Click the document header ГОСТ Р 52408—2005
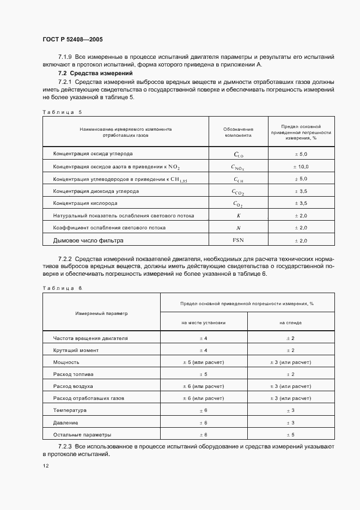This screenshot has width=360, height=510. click(x=72, y=40)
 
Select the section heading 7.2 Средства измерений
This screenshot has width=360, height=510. click(x=96, y=73)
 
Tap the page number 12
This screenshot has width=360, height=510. click(x=45, y=466)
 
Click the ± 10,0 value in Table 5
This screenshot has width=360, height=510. click(x=301, y=167)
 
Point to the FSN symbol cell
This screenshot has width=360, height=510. click(x=238, y=240)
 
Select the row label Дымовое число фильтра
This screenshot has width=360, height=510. click(x=88, y=240)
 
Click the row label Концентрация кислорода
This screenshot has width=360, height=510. click(x=85, y=203)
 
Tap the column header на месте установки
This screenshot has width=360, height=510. click(x=204, y=323)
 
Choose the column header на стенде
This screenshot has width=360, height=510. click(x=291, y=323)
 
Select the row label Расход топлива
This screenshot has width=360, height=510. click(x=74, y=374)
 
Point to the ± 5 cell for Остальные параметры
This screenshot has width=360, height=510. click(x=291, y=435)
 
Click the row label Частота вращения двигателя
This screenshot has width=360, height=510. click(x=90, y=338)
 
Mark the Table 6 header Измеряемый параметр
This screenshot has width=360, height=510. click(x=101, y=313)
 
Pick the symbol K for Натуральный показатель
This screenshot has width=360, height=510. click(x=238, y=216)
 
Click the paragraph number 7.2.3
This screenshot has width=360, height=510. click(x=65, y=447)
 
